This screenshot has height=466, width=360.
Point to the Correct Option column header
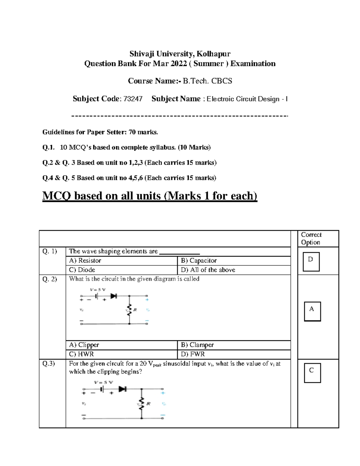click(311, 239)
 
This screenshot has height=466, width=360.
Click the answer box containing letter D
click(311, 261)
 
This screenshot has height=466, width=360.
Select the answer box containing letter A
click(312, 311)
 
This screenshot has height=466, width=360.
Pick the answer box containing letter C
click(312, 373)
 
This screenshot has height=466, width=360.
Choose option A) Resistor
click(85, 260)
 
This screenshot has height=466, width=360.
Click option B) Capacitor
click(199, 260)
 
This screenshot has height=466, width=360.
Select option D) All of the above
click(208, 270)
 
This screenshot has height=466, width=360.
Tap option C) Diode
click(82, 270)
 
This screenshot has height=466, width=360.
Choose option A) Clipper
click(84, 345)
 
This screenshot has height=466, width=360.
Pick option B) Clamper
click(197, 345)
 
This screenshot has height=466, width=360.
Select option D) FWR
click(193, 354)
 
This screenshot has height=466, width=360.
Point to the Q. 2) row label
click(50, 279)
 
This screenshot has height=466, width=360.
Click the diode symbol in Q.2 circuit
click(113, 296)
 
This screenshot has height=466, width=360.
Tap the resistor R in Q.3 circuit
click(141, 403)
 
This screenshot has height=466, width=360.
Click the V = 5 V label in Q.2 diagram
click(97, 290)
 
